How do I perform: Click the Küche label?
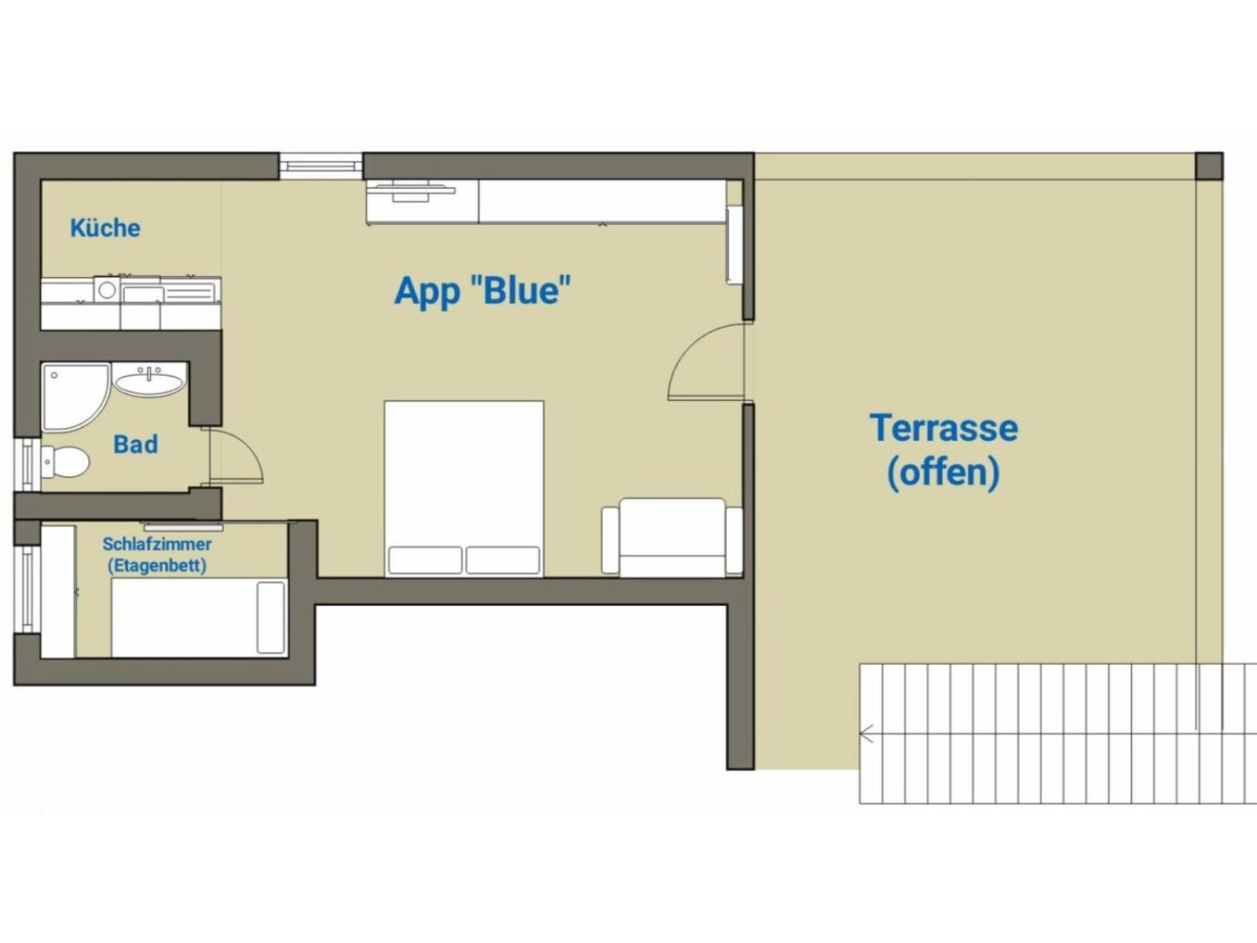pyautogui.click(x=104, y=228)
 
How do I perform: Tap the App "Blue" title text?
pyautogui.click(x=482, y=291)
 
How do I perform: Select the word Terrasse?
pyautogui.click(x=944, y=428)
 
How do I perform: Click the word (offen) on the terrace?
pyautogui.click(x=943, y=472)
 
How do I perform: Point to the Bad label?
pyautogui.click(x=135, y=444)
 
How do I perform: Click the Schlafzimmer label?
pyautogui.click(x=156, y=544)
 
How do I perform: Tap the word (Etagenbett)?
pyautogui.click(x=156, y=565)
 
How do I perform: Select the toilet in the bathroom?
pyautogui.click(x=66, y=462)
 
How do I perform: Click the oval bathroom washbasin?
pyautogui.click(x=149, y=382)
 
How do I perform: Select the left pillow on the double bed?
pyautogui.click(x=425, y=560)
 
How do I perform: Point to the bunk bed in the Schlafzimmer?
pyautogui.click(x=198, y=618)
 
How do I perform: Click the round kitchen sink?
pyautogui.click(x=107, y=290)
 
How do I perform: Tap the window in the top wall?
pyautogui.click(x=321, y=166)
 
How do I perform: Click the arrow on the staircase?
pyautogui.click(x=867, y=735)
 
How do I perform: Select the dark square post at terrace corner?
pyautogui.click(x=1209, y=166)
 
